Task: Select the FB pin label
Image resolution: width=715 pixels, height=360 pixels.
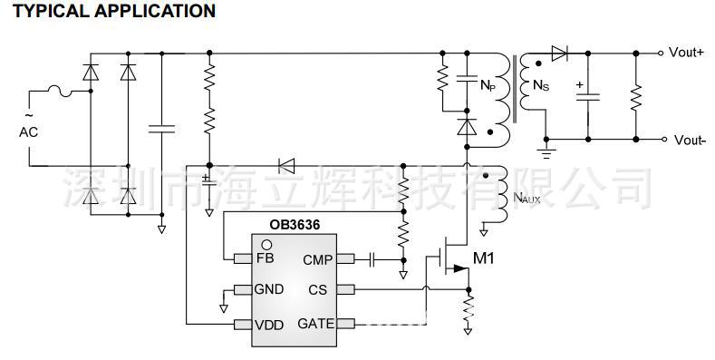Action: coord(265,258)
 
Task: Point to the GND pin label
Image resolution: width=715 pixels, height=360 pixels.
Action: coord(269,289)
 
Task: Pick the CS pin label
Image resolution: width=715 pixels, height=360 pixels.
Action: coord(317,290)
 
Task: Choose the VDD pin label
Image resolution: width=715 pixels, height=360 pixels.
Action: coord(269,323)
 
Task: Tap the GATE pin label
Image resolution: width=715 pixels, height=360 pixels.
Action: coord(315,323)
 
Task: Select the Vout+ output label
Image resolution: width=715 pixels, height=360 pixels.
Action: coord(686,52)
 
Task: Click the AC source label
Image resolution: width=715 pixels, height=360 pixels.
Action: coord(28,132)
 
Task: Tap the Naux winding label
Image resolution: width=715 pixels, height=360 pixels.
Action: coord(527,197)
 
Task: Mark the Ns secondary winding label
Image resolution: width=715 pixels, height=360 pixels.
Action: coord(540,86)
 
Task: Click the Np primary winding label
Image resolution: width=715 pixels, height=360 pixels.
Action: coord(488,86)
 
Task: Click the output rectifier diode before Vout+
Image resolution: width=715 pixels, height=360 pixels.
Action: coord(559,52)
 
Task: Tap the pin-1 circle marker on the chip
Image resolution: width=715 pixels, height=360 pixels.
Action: coord(266,244)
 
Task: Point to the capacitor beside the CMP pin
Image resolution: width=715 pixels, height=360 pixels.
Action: coord(372,260)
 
